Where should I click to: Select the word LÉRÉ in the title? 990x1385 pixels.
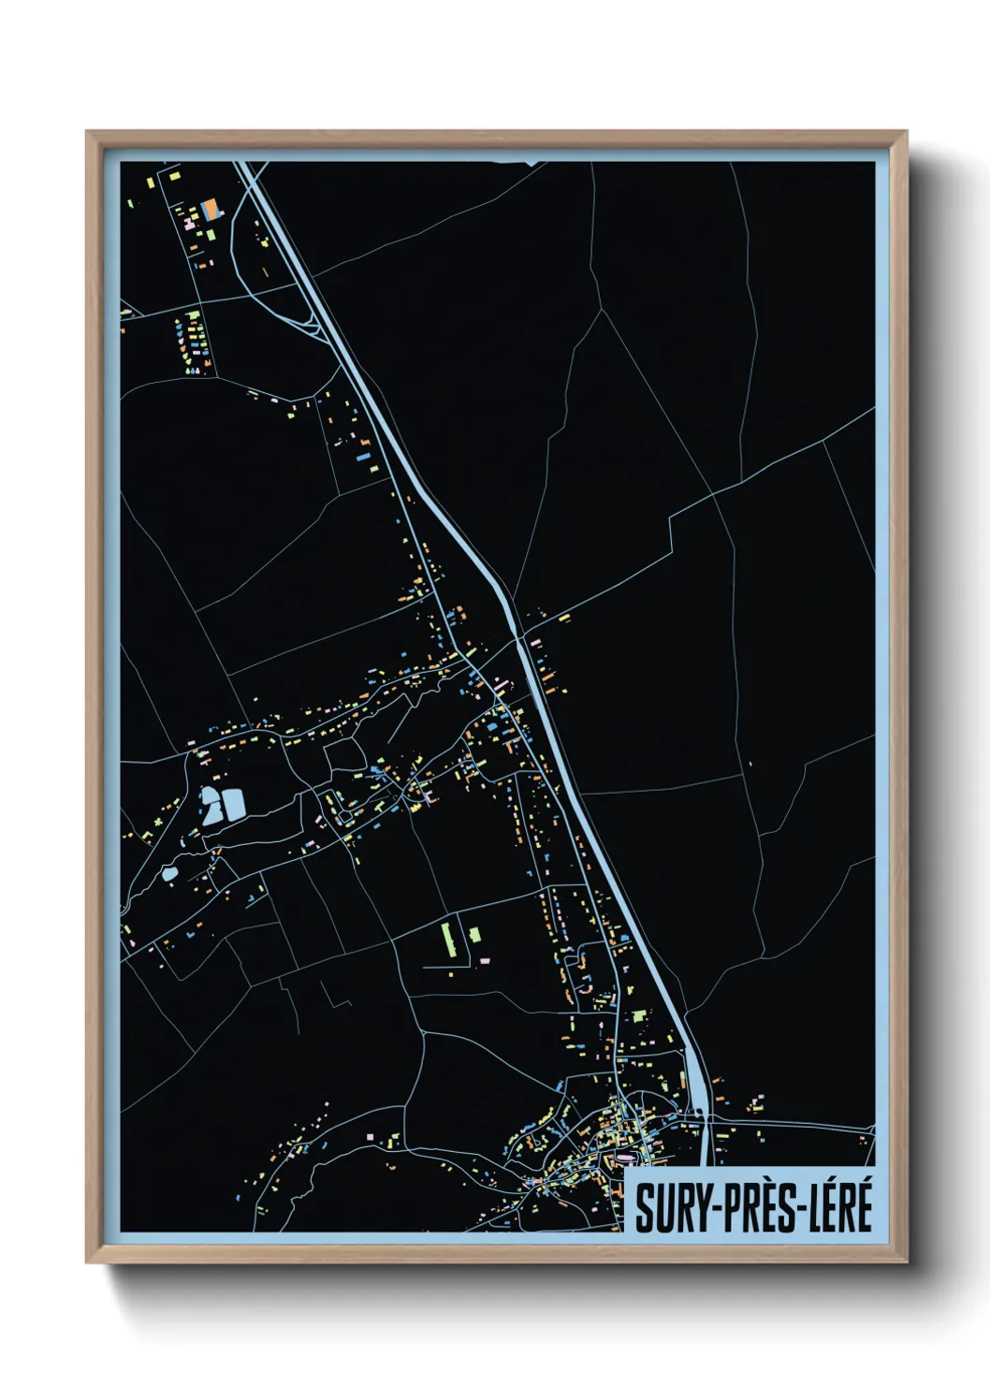[x=838, y=1207]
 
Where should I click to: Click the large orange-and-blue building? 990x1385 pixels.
[x=211, y=207]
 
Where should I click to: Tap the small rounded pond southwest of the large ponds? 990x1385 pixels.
[x=169, y=874]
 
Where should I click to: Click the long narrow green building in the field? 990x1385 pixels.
[x=445, y=939]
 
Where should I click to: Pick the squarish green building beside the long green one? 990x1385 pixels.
[x=474, y=935]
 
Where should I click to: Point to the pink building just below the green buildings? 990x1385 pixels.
[x=484, y=960]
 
